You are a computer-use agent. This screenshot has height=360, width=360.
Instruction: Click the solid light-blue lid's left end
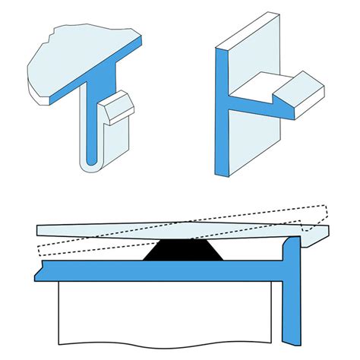[x=46, y=230]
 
